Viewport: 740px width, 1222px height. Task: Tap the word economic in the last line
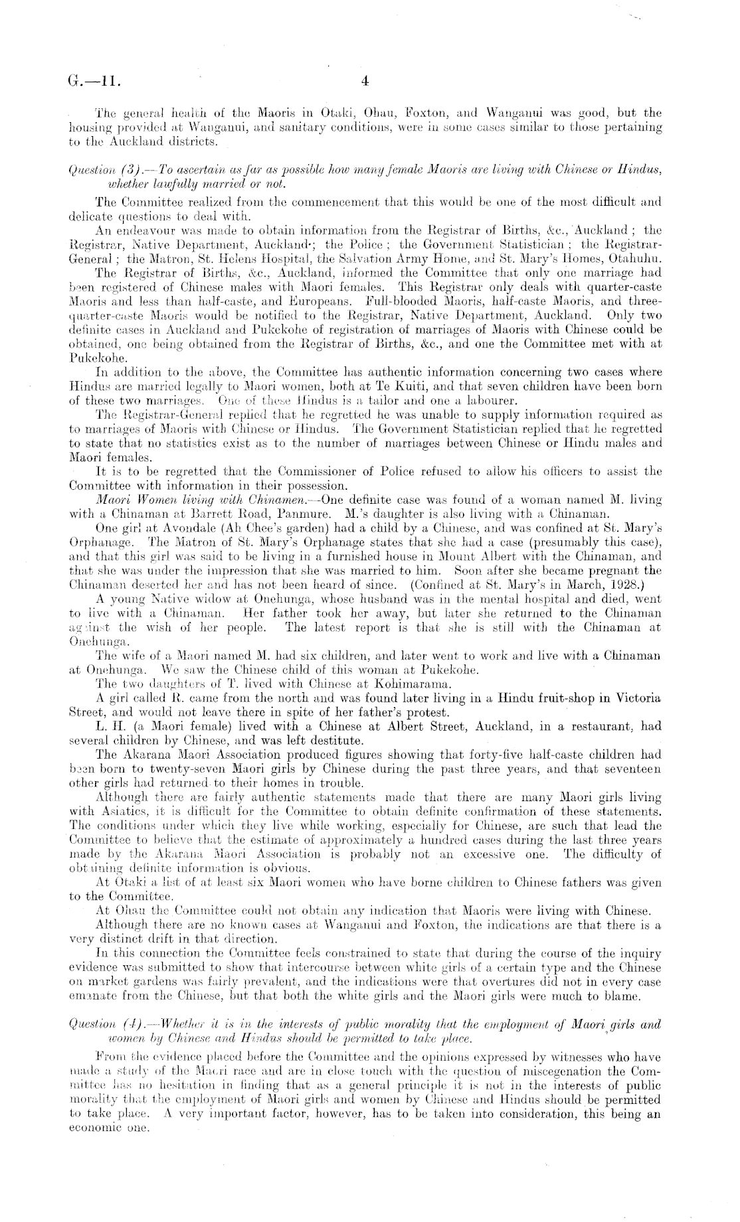[90, 1130]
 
